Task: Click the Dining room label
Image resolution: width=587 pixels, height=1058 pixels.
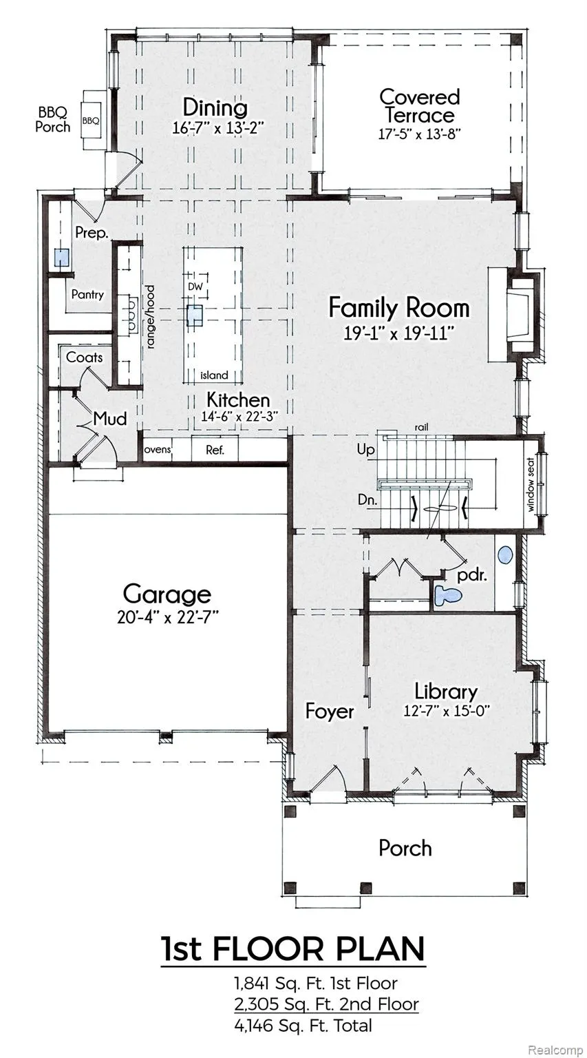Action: pos(215,107)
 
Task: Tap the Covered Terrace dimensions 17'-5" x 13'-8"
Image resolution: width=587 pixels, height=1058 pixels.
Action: pos(419,134)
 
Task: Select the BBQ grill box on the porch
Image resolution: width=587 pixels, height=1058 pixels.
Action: pos(91,121)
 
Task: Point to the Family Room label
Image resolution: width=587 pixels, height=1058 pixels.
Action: pos(398,307)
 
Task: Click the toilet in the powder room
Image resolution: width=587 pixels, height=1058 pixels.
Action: pos(447,594)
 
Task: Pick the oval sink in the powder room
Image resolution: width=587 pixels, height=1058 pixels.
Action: pos(505,554)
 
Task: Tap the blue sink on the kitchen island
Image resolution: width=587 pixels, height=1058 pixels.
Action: pos(195,315)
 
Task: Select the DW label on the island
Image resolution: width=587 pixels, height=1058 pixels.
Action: pos(195,287)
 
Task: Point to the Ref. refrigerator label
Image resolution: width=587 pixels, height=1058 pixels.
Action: pos(215,450)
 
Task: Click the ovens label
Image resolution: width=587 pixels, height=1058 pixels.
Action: pos(158,449)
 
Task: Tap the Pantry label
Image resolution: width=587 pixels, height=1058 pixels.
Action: pos(87,294)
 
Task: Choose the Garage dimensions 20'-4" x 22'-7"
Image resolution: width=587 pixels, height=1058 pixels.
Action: pos(169,617)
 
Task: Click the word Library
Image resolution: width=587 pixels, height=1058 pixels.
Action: pos(446,692)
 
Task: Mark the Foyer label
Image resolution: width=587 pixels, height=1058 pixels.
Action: pos(330,712)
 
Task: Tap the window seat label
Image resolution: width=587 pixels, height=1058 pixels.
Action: pos(531,485)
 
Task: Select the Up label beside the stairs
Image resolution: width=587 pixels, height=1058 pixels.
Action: pos(365,450)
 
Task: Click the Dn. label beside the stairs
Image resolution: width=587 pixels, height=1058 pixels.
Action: pos(367,499)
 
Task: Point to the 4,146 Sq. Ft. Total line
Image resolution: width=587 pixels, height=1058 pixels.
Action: pos(303,1026)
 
